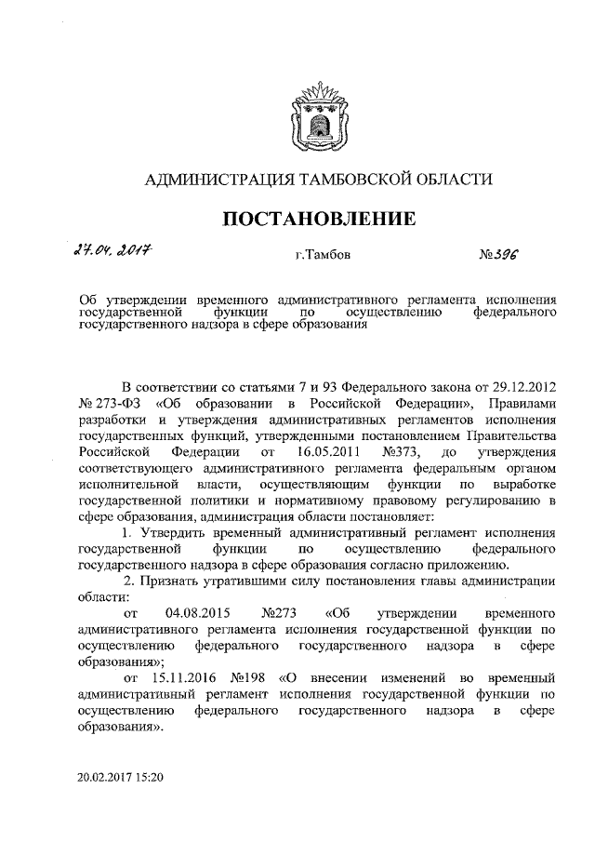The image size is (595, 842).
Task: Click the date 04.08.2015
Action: click(197, 615)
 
